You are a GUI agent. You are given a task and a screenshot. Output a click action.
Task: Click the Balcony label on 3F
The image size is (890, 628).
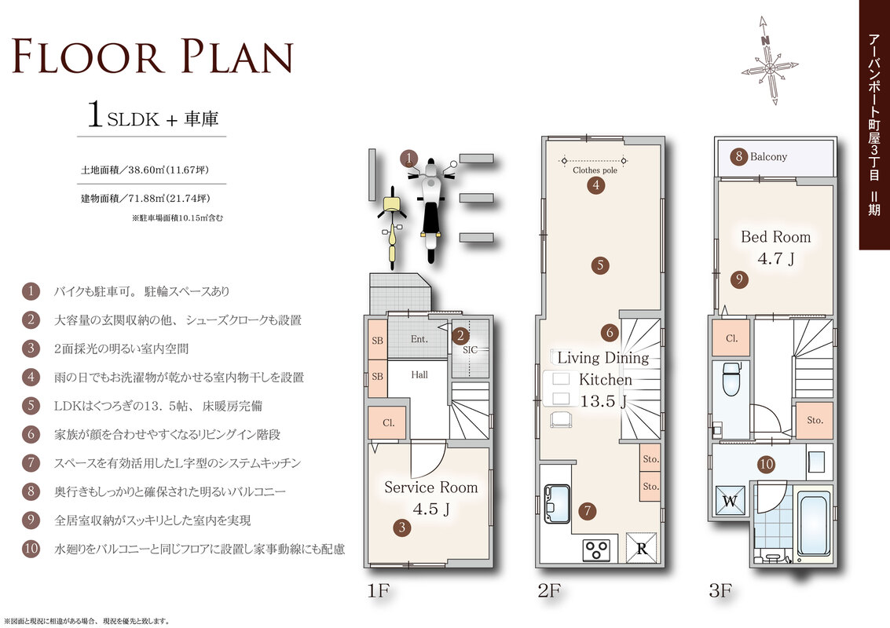(768, 156)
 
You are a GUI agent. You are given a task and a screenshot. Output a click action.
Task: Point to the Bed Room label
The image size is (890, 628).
(775, 237)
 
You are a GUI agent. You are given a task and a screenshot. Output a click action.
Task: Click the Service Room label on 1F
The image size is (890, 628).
(430, 487)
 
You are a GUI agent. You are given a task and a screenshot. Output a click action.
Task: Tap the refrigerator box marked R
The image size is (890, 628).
(642, 547)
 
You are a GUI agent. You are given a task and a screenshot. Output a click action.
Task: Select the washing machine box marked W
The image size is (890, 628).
(730, 501)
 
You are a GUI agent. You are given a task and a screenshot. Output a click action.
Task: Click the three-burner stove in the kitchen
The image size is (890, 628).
(596, 549)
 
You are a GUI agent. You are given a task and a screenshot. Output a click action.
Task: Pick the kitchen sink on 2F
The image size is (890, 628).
(557, 503)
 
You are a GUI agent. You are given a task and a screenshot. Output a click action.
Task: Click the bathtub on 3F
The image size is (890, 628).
(815, 525)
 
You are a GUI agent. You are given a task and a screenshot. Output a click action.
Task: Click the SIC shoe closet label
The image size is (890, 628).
(470, 350)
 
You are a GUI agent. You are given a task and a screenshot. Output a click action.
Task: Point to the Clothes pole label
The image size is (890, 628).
(595, 170)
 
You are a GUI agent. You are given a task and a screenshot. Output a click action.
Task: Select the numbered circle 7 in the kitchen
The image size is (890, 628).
(588, 510)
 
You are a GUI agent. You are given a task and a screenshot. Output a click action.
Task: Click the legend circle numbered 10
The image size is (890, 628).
(31, 549)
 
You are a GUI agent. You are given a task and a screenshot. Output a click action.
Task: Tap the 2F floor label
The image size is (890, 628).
(549, 591)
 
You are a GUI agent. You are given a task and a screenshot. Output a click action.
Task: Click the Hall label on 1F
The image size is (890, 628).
(419, 374)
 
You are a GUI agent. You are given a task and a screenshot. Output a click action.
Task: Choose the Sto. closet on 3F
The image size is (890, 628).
(815, 420)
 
